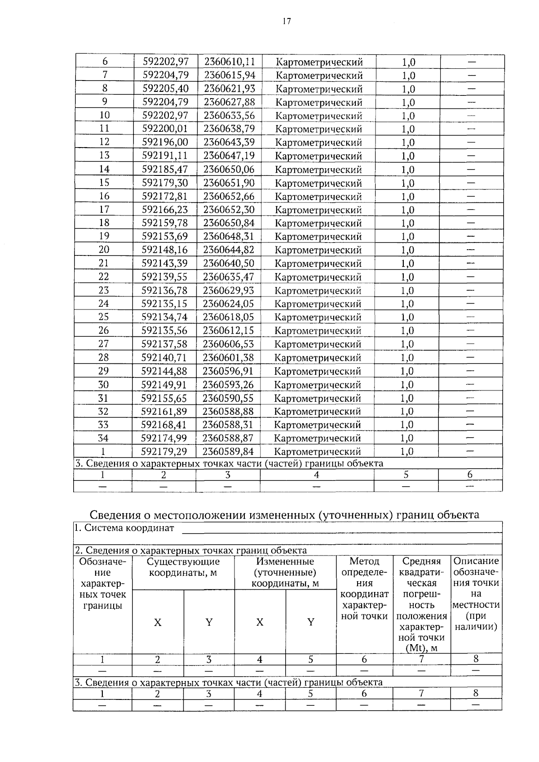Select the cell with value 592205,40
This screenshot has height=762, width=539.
[165, 89]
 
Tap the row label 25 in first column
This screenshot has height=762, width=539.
[104, 317]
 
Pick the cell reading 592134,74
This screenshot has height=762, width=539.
[164, 317]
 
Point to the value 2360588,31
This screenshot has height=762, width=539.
[228, 425]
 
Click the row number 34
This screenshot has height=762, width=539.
[104, 438]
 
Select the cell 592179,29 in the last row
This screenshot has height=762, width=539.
[164, 451]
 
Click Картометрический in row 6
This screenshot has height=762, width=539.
[319, 62]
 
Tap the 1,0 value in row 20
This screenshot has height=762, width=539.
[408, 250]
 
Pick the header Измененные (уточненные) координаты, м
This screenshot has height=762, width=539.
[285, 573]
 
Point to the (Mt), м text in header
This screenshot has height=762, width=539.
[421, 648]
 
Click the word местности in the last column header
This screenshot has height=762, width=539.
[476, 605]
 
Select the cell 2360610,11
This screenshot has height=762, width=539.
[229, 62]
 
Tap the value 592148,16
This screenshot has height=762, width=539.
[165, 250]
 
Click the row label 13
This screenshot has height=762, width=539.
[104, 156]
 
